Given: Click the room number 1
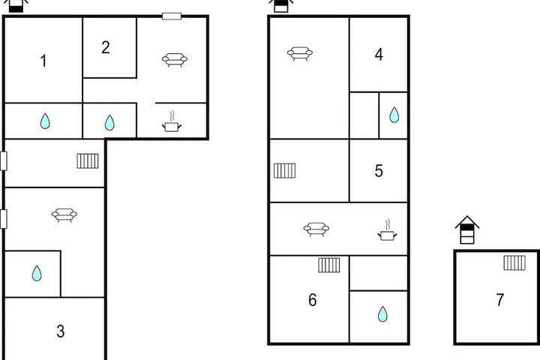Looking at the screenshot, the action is coord(43,61).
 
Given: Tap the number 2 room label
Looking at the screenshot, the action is coord(106,47).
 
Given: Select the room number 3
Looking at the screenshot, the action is coord(60,331).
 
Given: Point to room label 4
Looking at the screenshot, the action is coord(379,55).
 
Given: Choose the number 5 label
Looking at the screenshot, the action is coord(379,171).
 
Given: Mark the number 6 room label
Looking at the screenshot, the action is coord(312,300).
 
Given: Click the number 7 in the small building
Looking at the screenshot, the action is coord(500,300).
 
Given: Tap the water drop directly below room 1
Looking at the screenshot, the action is coord(45,121).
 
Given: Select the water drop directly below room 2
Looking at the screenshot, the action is coord(109,123).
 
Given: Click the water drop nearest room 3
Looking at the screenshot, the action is coord(37,273).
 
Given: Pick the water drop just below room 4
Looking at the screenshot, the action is coord(394,115).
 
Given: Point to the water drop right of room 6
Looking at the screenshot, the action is coord(382,313).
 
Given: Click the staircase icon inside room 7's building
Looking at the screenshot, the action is coord(514,262).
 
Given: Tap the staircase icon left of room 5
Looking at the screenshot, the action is coord(284,170).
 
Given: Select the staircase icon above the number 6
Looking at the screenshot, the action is coord(329,265).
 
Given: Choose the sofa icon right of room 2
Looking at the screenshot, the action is coord(175,59).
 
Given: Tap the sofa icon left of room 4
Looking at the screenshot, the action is coord(300,53).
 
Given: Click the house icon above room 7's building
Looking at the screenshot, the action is coord(467,230).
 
